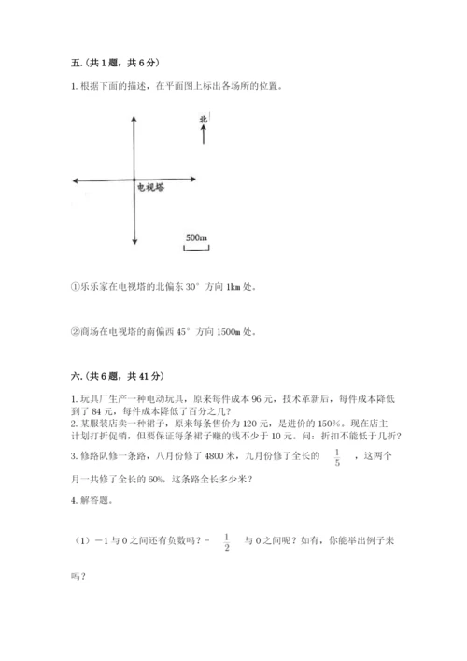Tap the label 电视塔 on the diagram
(149, 188)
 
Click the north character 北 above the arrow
(203, 119)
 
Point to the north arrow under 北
(203, 137)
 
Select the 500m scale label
(195, 237)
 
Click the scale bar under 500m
(195, 248)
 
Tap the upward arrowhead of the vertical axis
(135, 119)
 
